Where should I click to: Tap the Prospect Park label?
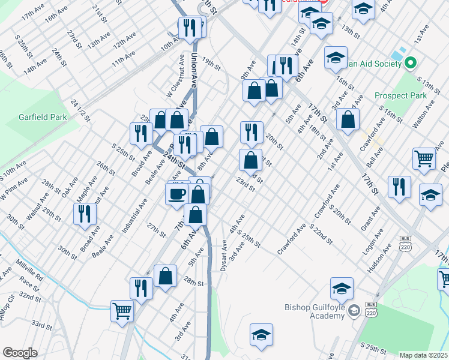click(400, 95)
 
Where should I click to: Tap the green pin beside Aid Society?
click(411, 62)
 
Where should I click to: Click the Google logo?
click(20, 353)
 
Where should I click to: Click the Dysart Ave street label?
click(224, 257)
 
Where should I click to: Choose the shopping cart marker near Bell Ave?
click(424, 159)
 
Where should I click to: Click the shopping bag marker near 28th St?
click(166, 276)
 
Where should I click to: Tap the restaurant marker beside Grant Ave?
click(399, 187)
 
